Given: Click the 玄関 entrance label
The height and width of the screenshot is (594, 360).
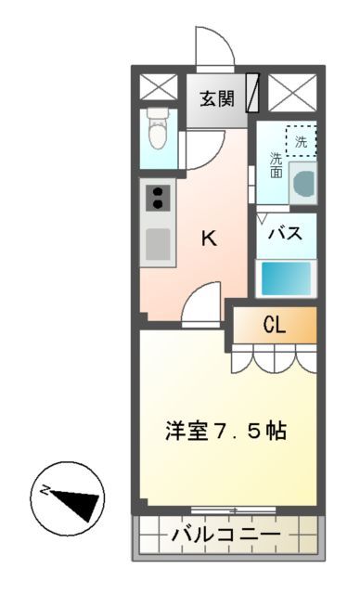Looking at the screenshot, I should (x=216, y=98).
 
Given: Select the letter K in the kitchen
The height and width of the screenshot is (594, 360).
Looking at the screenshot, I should (x=210, y=238).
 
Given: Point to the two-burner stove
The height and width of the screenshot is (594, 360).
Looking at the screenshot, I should (x=159, y=198).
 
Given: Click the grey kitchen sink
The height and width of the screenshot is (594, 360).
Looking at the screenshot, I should (x=159, y=244).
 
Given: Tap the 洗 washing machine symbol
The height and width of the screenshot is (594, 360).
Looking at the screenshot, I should (x=301, y=141).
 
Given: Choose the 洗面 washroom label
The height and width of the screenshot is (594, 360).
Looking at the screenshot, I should (x=276, y=164).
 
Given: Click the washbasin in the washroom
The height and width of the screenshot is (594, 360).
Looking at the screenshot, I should (x=303, y=182).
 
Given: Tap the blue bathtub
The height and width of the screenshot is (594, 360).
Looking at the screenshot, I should (x=286, y=277).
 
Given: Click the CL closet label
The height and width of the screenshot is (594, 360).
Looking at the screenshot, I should (x=273, y=324).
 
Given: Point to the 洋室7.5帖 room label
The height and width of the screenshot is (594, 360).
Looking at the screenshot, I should (x=225, y=431).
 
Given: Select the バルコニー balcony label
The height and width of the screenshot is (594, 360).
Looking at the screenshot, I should (x=226, y=536).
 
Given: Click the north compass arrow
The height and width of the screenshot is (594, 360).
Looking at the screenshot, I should (x=78, y=502).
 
